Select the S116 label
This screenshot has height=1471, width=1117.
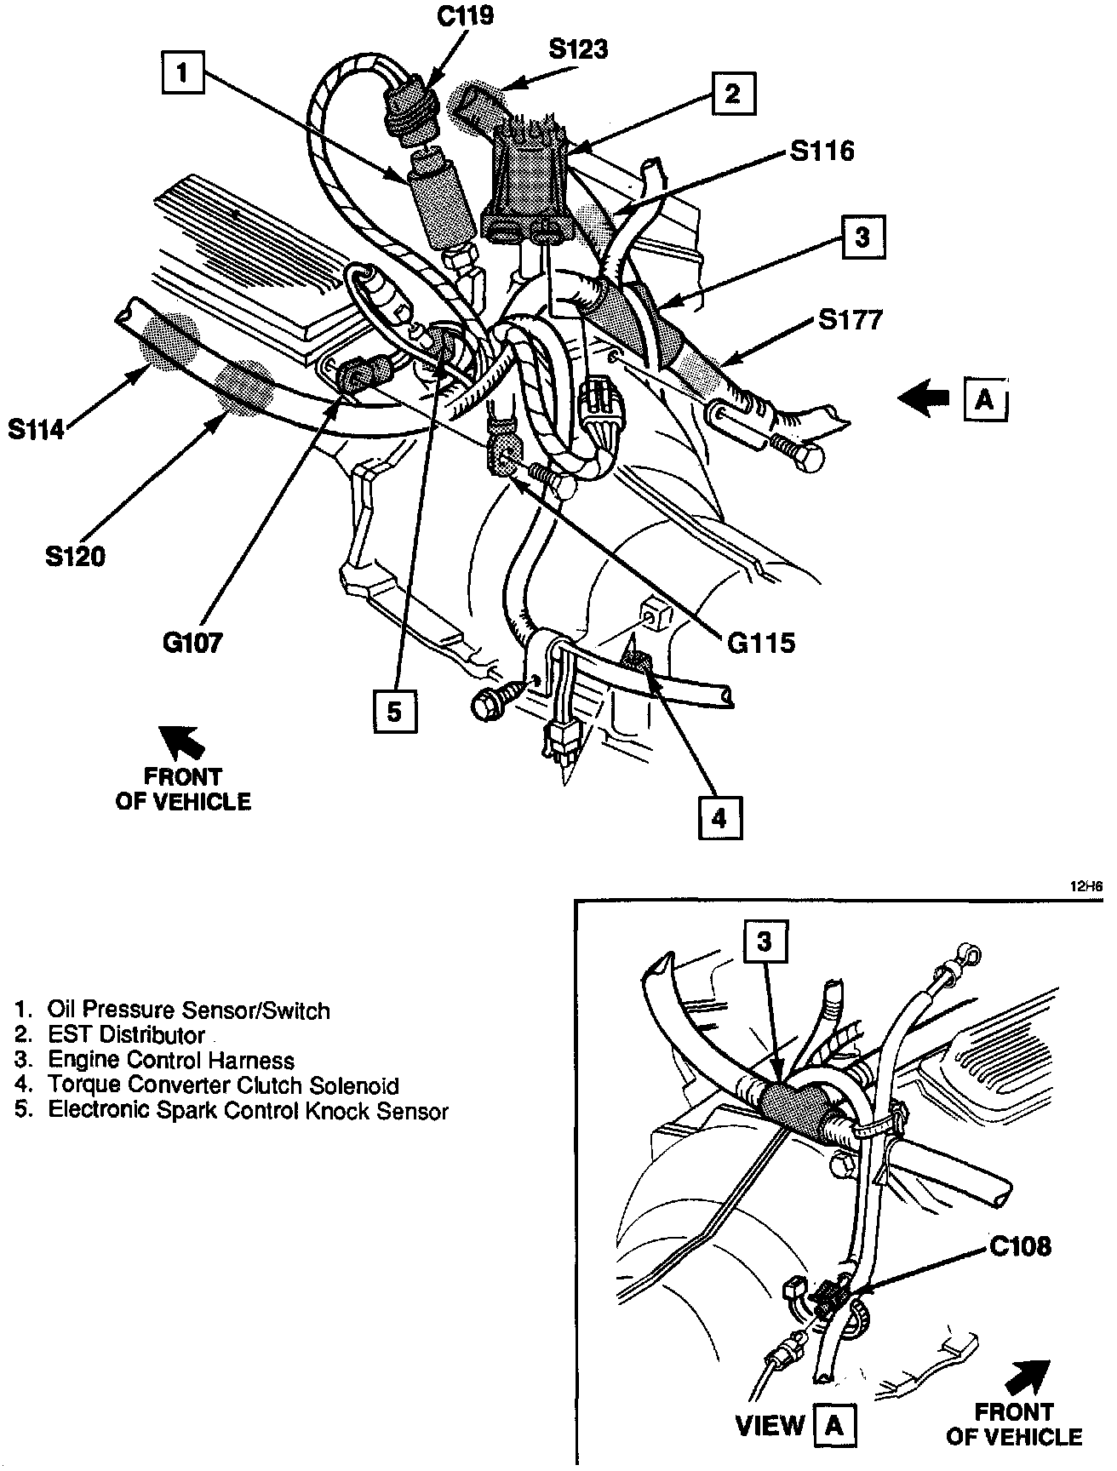click(x=821, y=151)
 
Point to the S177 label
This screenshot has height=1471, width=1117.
click(x=851, y=320)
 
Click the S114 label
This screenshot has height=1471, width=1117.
click(x=37, y=430)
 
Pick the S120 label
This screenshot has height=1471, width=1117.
click(x=75, y=557)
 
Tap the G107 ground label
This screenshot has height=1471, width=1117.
click(x=192, y=642)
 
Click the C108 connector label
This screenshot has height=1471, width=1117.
click(x=1020, y=1247)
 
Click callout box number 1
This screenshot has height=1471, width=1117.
click(x=182, y=72)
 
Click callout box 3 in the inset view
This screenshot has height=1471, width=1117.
click(x=765, y=941)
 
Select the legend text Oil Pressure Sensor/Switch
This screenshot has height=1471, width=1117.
click(x=188, y=1010)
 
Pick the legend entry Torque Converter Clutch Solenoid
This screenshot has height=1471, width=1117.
click(x=223, y=1085)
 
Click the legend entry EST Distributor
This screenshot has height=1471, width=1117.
click(x=126, y=1035)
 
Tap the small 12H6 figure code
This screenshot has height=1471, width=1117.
click(x=1086, y=886)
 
